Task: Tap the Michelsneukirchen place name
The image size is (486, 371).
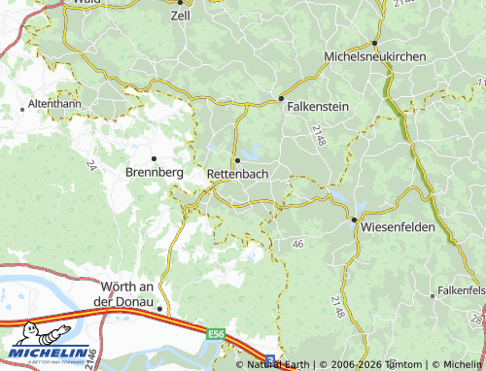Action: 374,57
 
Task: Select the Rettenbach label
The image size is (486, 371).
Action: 238,173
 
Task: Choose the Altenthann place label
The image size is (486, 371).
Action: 54,102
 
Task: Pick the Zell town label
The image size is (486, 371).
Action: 181,16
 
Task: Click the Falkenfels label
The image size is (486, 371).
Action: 462,290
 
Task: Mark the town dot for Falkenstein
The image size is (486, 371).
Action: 281,98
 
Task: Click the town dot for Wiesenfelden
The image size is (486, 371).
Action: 354,219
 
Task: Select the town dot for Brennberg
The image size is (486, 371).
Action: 153,157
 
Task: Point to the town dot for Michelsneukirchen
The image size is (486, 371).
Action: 374,43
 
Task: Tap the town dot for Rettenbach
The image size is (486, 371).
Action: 236,159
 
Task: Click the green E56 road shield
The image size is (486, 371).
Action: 216,333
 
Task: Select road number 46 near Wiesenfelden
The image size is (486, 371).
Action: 296,243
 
